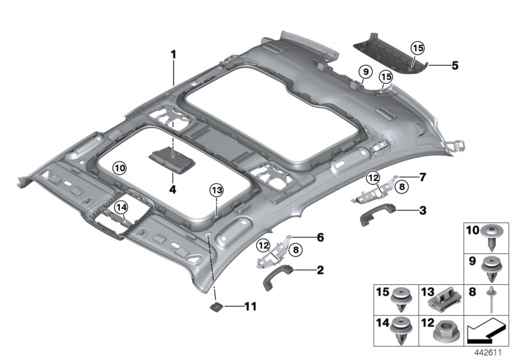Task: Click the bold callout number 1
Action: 173,55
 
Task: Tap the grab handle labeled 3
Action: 377,214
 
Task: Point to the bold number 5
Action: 455,66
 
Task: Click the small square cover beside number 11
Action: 217,307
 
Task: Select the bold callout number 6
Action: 320,237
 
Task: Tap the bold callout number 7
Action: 423,177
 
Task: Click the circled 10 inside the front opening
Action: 120,168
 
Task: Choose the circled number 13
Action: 217,190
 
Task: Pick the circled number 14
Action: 121,207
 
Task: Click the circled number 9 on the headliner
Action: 366,71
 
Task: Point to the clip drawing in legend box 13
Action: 444,300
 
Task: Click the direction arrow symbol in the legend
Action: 485,330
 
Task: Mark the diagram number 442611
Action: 488,353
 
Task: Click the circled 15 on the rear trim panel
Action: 418,48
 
